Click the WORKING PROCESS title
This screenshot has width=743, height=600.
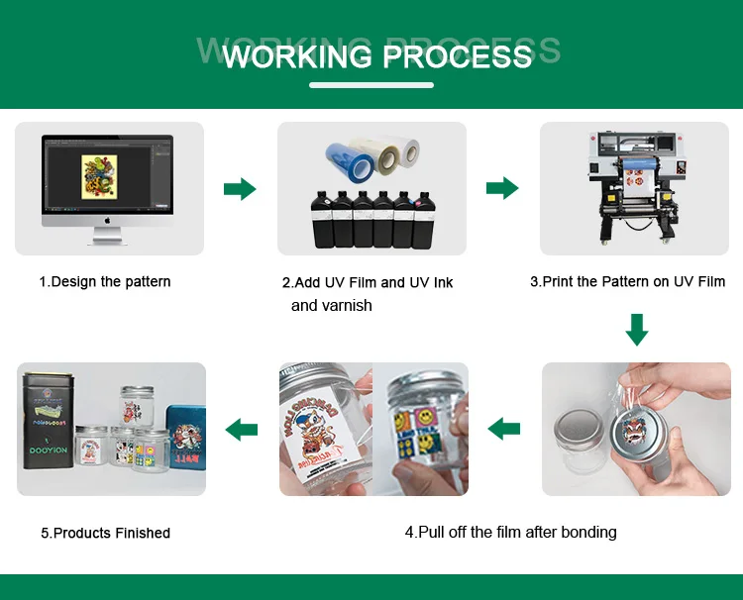click(377, 55)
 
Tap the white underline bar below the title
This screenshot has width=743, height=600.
click(371, 85)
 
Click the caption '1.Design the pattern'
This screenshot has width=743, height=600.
click(105, 282)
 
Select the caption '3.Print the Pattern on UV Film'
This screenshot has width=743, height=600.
click(628, 282)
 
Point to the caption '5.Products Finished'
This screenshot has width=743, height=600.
click(106, 534)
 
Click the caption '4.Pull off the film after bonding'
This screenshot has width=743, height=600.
click(511, 533)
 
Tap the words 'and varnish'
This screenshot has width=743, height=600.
click(332, 306)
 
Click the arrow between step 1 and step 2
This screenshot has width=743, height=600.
click(240, 189)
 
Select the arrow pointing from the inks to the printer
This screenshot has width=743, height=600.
click(502, 189)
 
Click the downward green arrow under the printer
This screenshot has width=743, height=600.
click(637, 330)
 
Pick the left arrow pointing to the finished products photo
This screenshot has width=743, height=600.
click(242, 430)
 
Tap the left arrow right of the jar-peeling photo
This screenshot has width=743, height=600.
click(504, 430)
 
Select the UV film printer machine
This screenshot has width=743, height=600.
click(635, 188)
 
